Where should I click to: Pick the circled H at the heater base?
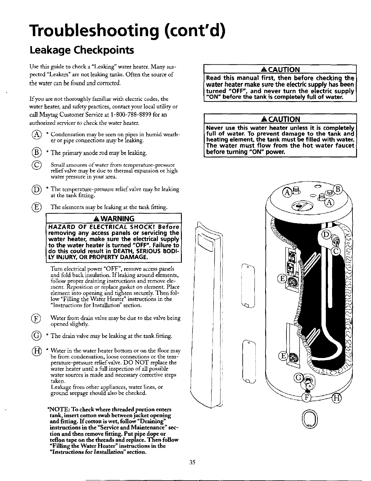click(x=337, y=398)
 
